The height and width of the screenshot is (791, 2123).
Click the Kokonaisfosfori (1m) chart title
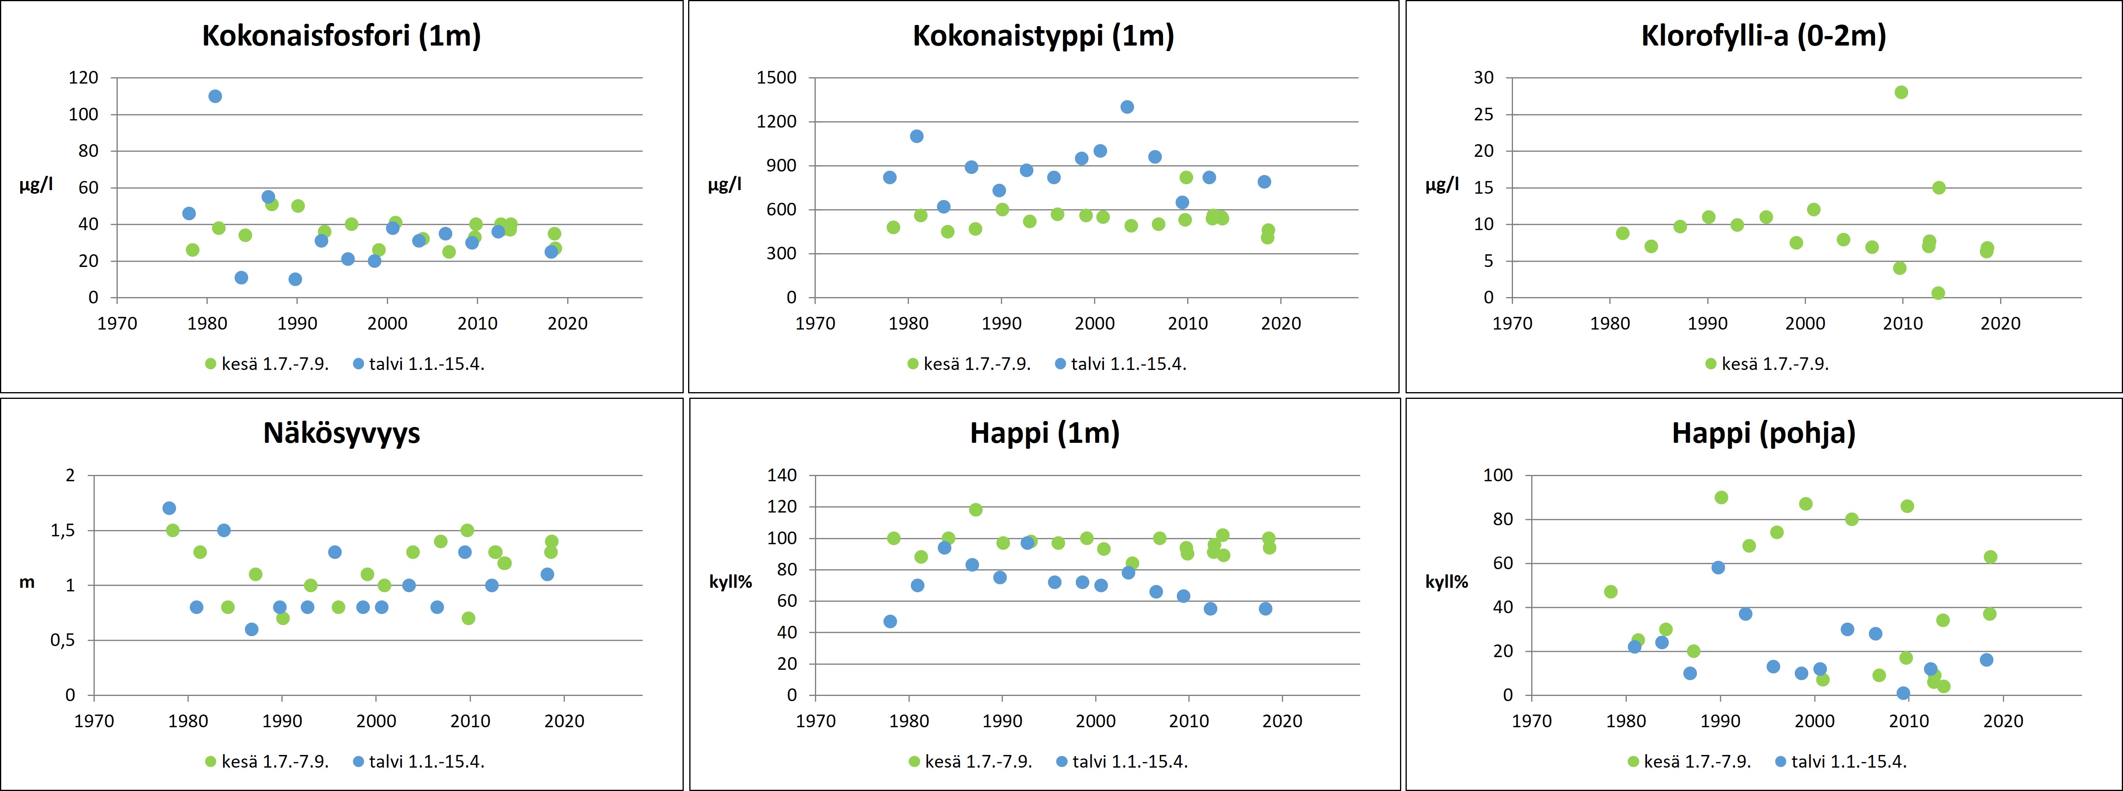click(341, 36)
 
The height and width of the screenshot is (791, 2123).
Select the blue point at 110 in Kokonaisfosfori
click(215, 96)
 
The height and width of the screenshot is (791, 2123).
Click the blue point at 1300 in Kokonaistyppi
click(1127, 107)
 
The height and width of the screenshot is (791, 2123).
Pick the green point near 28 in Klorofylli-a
click(1901, 92)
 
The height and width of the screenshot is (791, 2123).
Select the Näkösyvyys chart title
click(341, 433)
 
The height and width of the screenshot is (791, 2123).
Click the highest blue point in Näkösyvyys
click(169, 508)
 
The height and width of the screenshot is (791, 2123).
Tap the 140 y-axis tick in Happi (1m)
click(781, 475)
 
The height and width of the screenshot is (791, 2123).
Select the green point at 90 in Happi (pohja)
click(1721, 497)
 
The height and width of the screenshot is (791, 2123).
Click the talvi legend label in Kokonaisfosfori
click(426, 364)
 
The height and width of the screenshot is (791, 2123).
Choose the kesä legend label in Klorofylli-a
click(1775, 364)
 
